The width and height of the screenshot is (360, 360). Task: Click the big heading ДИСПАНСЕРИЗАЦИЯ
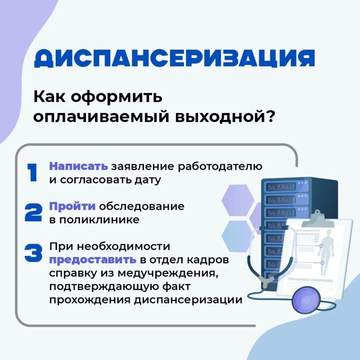(x=175, y=58)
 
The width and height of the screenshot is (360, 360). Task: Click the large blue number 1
(x=32, y=172)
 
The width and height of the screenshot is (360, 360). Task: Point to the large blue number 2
(x=33, y=212)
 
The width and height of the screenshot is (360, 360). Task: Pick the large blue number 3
(x=33, y=253)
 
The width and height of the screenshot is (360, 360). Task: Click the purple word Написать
(x=78, y=166)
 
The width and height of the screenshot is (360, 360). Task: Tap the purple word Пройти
(x=72, y=206)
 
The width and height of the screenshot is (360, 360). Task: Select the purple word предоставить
(x=93, y=260)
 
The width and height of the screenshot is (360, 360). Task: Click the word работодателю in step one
(x=220, y=166)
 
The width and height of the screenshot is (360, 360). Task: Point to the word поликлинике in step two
(x=99, y=220)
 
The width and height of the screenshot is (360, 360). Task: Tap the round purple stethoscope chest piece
(x=306, y=300)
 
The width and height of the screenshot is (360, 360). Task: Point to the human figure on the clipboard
(x=326, y=252)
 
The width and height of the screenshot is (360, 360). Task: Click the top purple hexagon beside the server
(x=238, y=200)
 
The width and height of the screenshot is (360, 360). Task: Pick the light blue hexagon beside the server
(x=238, y=237)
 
